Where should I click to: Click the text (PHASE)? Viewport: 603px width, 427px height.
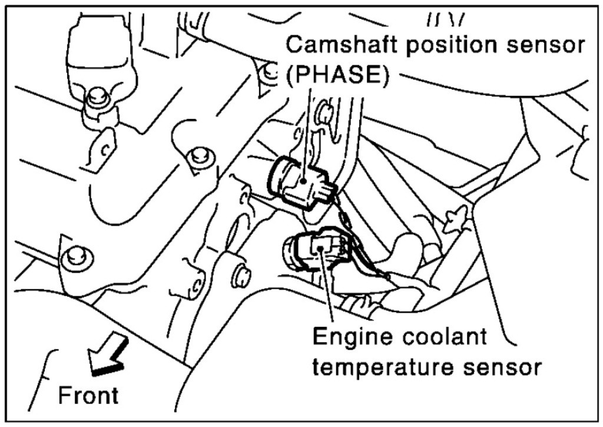click(338, 77)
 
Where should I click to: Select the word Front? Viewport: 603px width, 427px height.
click(88, 395)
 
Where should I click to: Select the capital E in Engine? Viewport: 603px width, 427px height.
click(319, 337)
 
